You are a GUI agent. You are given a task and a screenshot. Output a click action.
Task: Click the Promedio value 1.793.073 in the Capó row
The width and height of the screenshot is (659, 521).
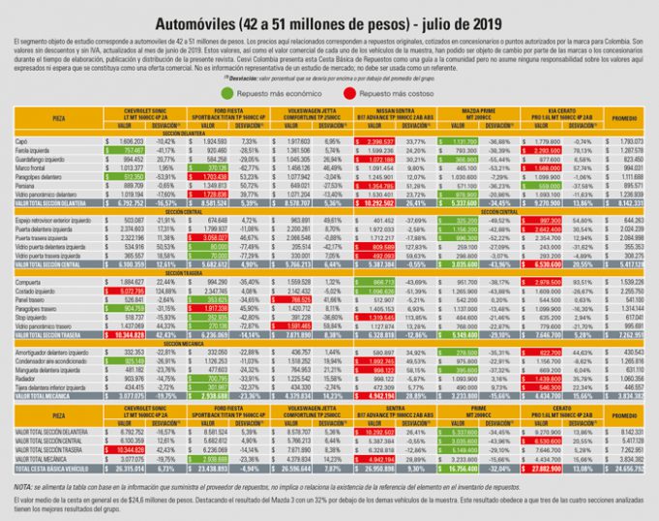click(x=629, y=141)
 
